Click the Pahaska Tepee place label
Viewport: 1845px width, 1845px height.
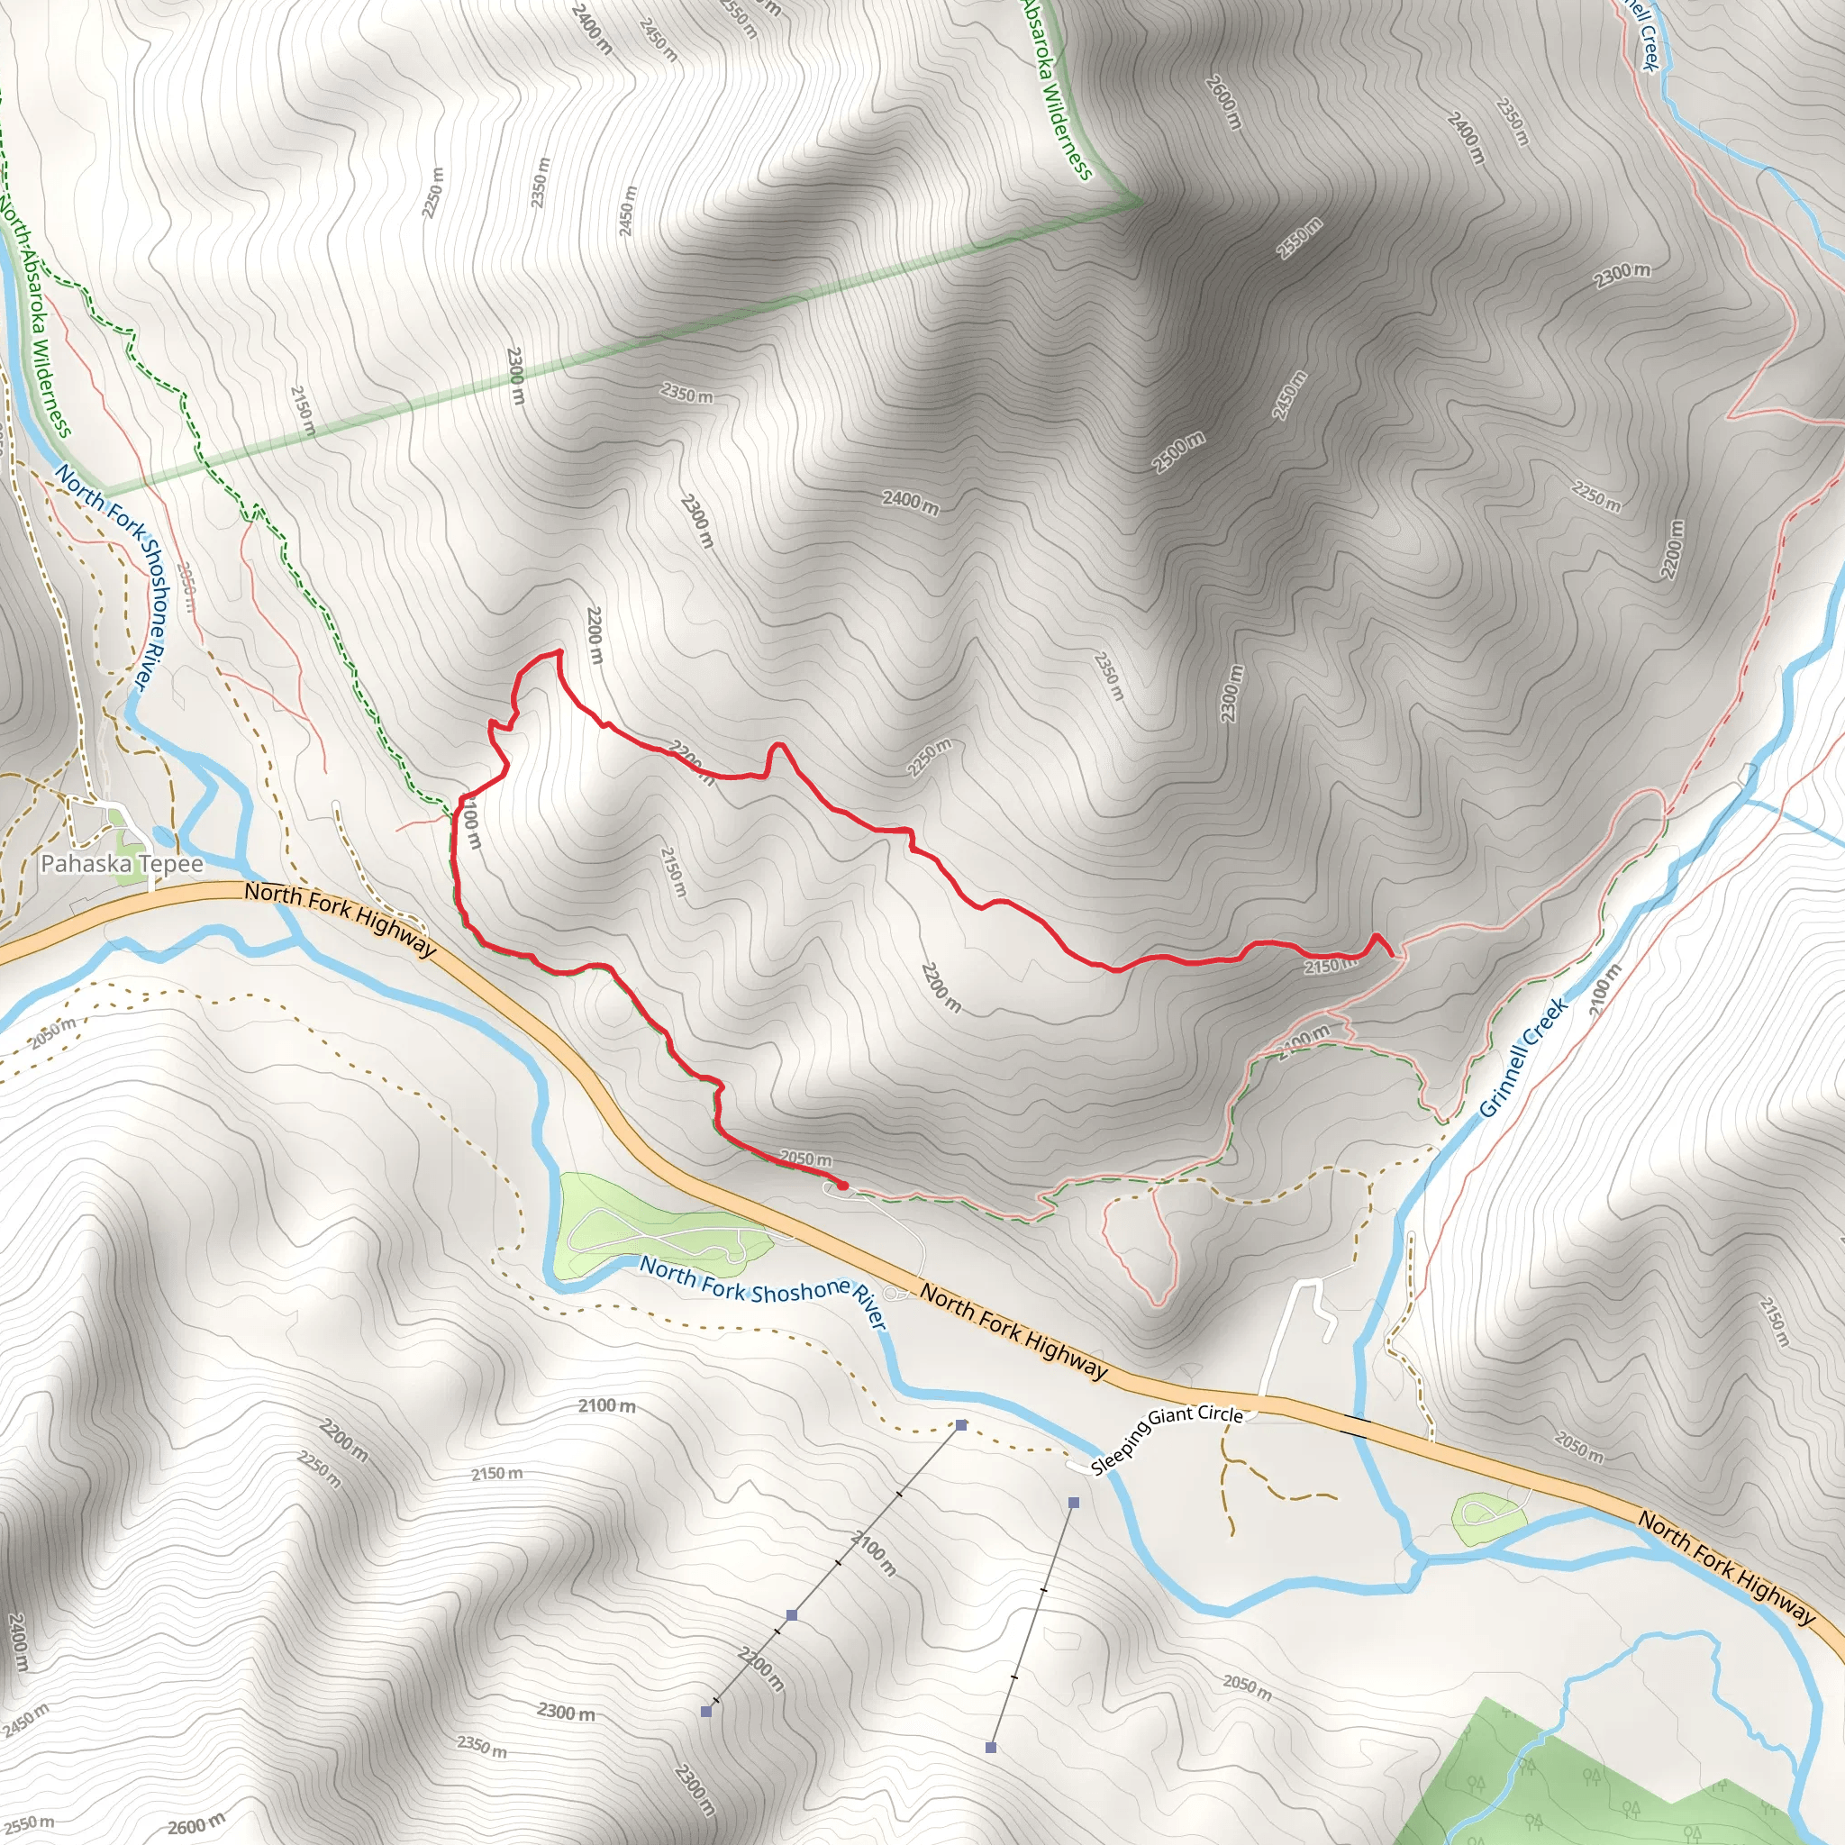pos(122,864)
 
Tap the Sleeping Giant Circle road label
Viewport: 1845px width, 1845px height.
pos(1167,1439)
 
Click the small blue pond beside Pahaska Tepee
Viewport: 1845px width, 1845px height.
pos(163,838)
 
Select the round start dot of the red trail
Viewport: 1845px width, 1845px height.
pos(842,1186)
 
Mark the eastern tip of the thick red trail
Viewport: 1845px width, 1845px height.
pos(1389,954)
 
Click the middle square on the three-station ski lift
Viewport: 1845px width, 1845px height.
pos(792,1615)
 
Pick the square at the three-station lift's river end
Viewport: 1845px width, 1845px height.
pos(960,1425)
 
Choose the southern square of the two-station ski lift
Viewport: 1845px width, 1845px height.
pos(991,1748)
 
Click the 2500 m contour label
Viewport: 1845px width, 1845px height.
pos(1178,452)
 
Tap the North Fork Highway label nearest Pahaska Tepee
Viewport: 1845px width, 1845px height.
pos(340,919)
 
